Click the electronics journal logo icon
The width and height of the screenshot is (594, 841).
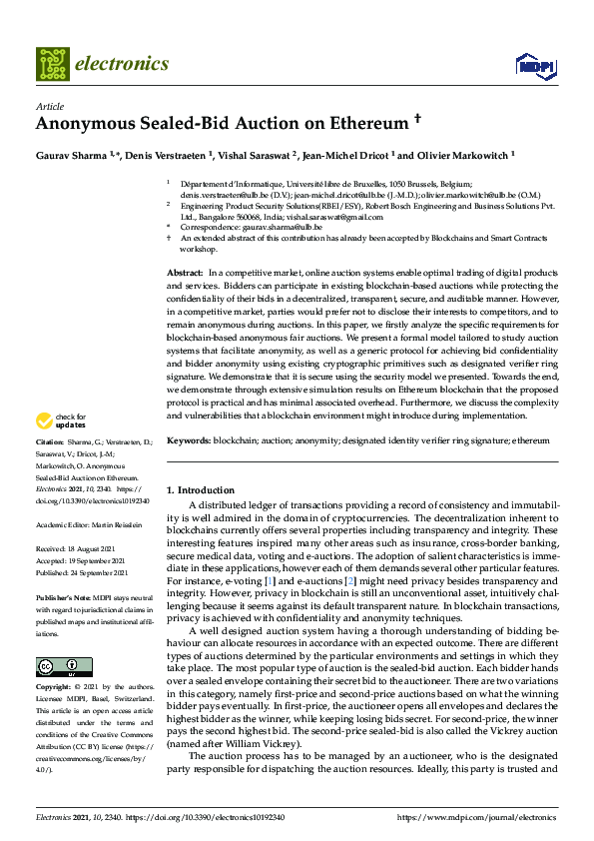53,64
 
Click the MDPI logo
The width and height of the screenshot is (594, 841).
535,66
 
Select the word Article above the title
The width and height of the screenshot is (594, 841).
49,106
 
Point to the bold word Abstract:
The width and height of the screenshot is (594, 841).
185,273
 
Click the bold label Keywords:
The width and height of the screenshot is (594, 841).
189,440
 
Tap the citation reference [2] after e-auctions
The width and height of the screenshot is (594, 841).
378,581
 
